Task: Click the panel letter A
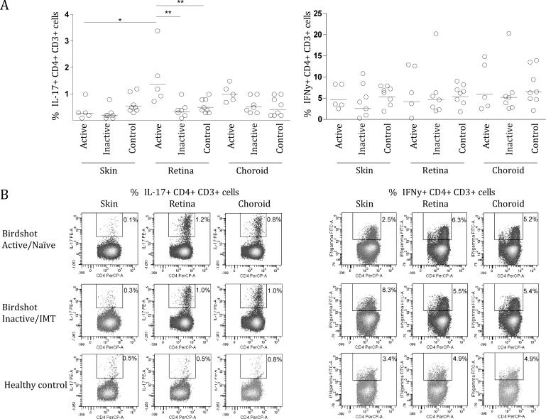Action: (x=5, y=6)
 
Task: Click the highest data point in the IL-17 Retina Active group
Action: (x=157, y=31)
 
